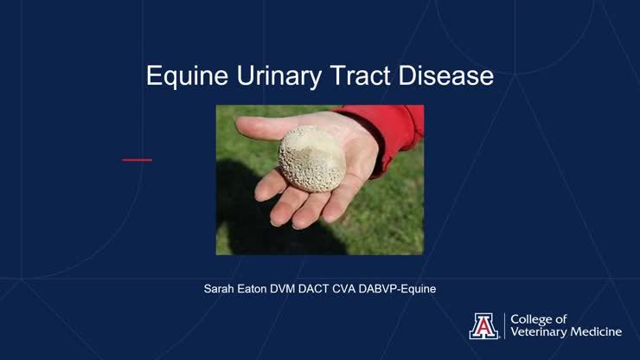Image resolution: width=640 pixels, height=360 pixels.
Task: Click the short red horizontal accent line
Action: (137, 159)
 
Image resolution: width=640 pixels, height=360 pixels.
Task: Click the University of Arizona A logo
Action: (483, 325)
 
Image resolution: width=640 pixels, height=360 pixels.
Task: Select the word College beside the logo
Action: (536, 318)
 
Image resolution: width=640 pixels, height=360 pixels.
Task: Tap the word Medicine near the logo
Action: (600, 332)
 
